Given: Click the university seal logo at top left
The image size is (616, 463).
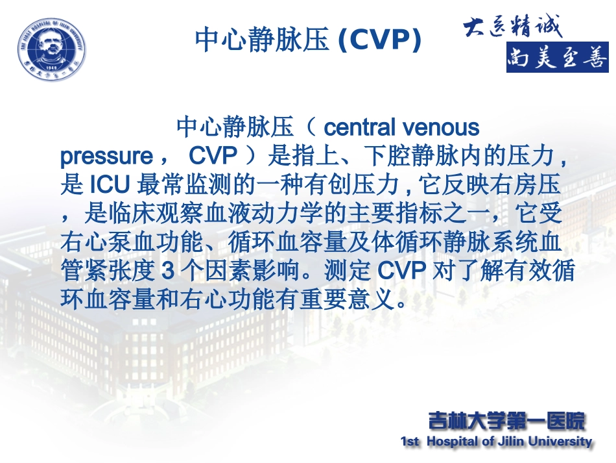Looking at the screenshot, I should click(51, 47).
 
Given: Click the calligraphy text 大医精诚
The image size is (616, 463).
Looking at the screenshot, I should click(512, 27).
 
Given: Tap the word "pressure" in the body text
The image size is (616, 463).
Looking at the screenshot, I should click(105, 156).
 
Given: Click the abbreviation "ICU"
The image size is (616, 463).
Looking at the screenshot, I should click(110, 186).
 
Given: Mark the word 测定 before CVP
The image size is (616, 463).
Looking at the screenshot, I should click(353, 271).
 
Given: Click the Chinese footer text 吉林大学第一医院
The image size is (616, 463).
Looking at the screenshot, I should click(506, 421).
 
